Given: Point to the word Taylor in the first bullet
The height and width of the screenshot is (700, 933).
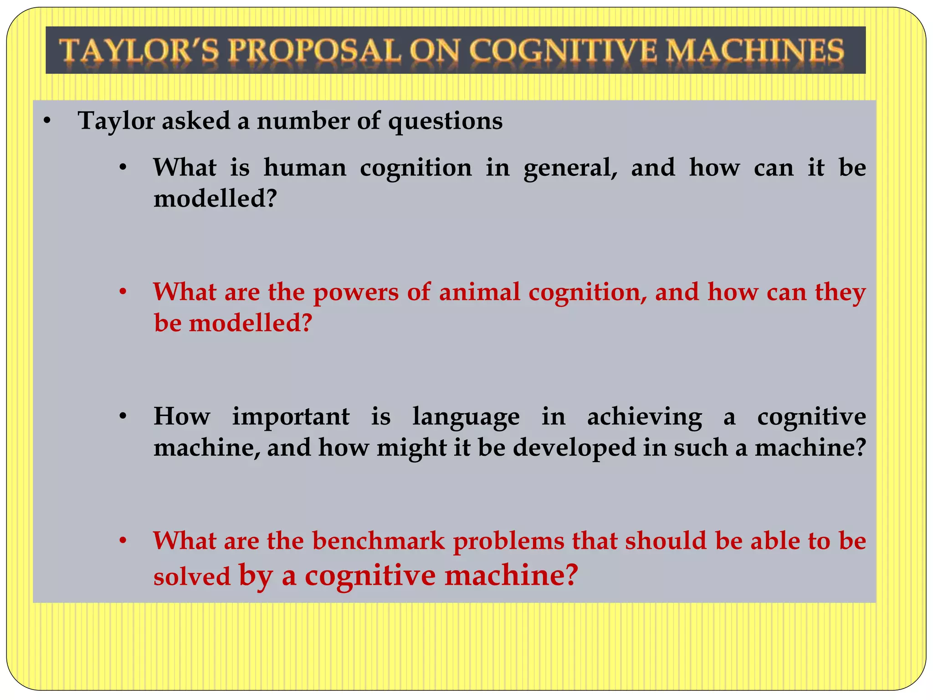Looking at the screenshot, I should click(x=117, y=121).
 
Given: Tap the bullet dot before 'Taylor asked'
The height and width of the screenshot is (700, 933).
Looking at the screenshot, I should click(x=46, y=122).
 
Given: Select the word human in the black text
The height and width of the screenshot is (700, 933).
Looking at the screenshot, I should click(x=305, y=168).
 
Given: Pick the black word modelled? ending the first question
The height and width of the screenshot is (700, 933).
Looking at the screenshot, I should click(x=215, y=199).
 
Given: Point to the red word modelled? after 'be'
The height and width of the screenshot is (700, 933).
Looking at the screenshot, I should click(x=251, y=323).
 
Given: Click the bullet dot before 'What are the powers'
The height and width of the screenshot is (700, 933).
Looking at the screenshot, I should click(x=123, y=292).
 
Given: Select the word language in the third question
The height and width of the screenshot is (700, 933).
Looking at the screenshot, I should click(x=466, y=417).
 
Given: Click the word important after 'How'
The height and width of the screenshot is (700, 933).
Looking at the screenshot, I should click(x=291, y=417).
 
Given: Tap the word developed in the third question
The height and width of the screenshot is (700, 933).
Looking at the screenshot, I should click(x=574, y=448).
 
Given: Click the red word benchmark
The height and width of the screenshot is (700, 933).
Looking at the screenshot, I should click(x=378, y=541).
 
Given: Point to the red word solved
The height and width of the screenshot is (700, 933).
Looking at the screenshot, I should click(x=192, y=576).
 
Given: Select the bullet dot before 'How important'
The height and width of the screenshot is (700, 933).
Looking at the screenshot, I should click(x=123, y=417).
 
